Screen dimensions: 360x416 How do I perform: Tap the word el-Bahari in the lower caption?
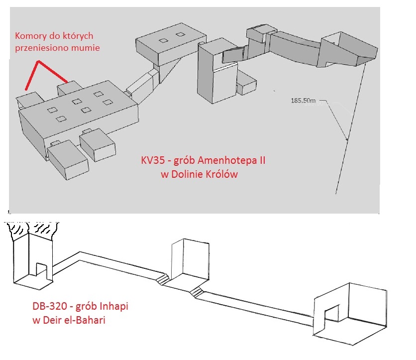[x=84, y=319]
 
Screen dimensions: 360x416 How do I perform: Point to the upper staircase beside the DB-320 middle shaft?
[x=162, y=277]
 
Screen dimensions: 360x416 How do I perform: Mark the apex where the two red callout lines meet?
[x=37, y=63]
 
